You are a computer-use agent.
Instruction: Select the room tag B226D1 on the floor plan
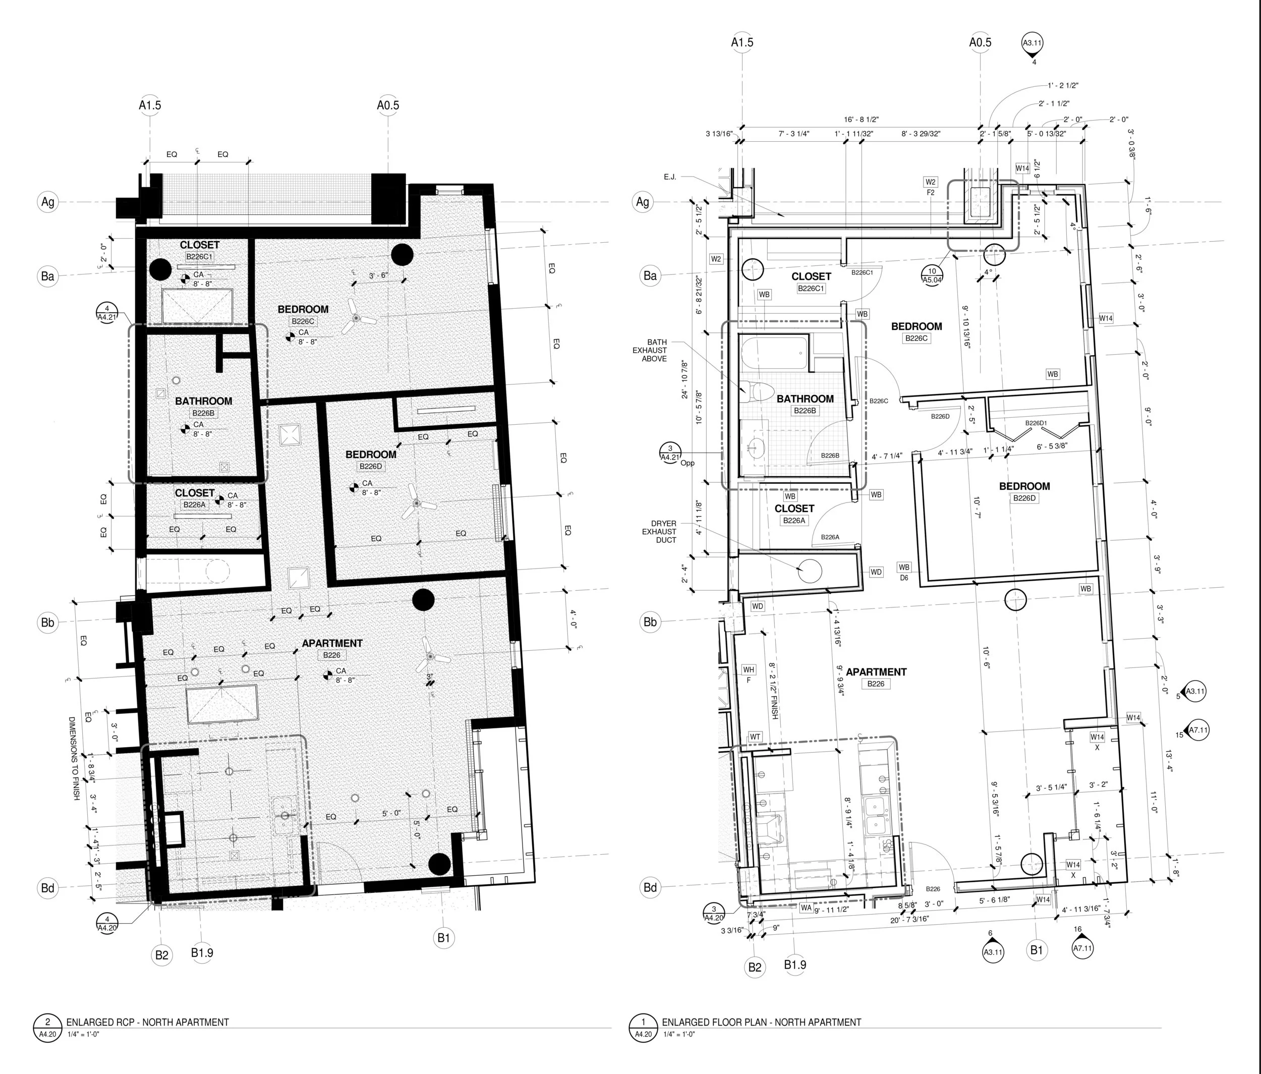click(x=1036, y=423)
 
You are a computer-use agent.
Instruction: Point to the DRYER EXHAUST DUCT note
click(x=659, y=531)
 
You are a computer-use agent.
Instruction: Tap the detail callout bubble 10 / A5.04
click(x=932, y=275)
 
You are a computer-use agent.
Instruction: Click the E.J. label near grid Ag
click(x=670, y=177)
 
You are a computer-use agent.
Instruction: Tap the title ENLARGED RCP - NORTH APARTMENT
click(x=147, y=1022)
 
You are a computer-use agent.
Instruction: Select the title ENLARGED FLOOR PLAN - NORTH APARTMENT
click(x=761, y=1022)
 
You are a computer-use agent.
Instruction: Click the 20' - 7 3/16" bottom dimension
click(x=909, y=919)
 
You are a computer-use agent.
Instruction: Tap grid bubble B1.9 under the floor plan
click(x=795, y=965)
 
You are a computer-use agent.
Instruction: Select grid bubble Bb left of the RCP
click(x=47, y=622)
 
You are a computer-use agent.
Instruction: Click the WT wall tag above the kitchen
click(x=755, y=737)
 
